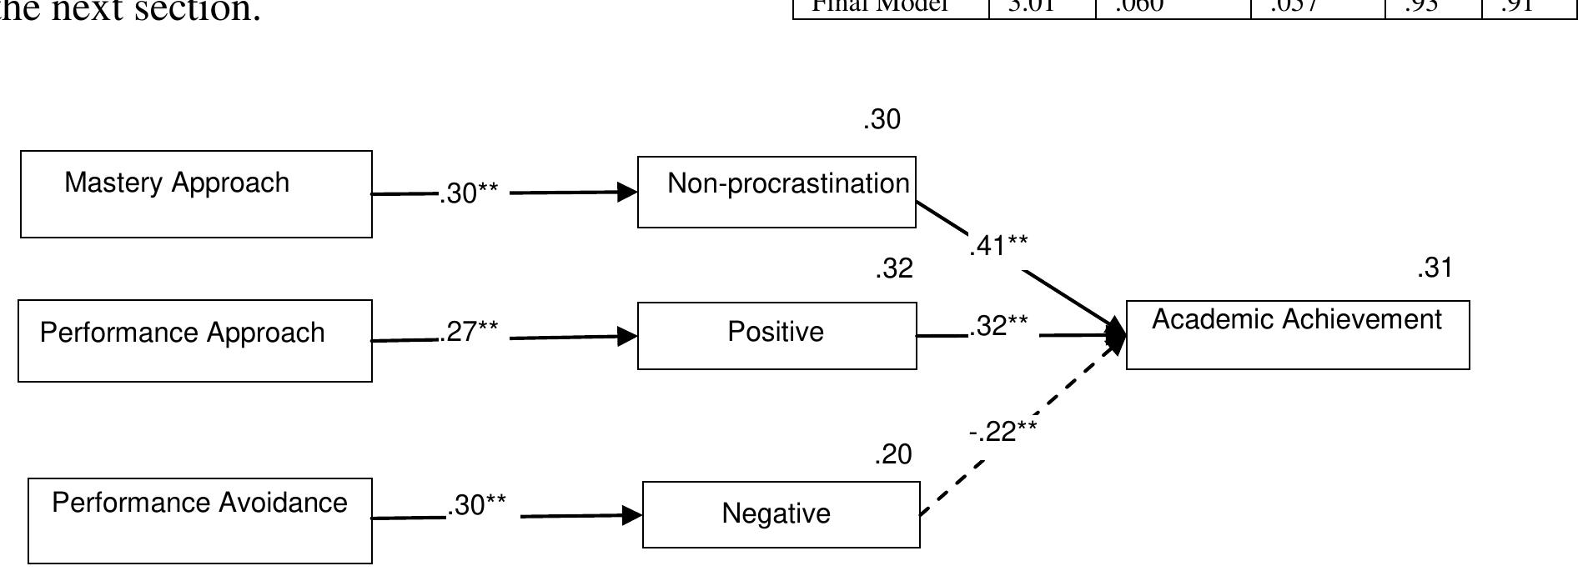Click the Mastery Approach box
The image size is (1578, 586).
click(x=196, y=194)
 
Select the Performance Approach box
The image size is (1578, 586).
click(x=195, y=341)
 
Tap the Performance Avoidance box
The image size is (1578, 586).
click(x=200, y=521)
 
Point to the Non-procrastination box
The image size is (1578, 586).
click(x=776, y=192)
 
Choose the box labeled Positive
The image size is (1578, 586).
click(x=776, y=336)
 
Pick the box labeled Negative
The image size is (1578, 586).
click(x=781, y=514)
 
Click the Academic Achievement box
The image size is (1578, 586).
click(x=1298, y=335)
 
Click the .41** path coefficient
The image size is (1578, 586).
click(x=998, y=246)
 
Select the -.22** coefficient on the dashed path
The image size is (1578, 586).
click(x=1003, y=432)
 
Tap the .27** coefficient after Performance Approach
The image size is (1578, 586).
click(x=469, y=332)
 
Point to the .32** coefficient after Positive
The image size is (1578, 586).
click(x=999, y=326)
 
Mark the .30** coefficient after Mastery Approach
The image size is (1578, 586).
click(x=469, y=193)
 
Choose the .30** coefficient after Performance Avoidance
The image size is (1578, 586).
click(x=476, y=505)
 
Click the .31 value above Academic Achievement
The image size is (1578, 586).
click(x=1435, y=268)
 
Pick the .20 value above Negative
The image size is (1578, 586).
click(x=893, y=455)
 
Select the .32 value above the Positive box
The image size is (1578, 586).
click(x=894, y=269)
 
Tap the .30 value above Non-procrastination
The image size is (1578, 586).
click(x=882, y=120)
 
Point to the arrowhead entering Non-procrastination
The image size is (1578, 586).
click(x=627, y=193)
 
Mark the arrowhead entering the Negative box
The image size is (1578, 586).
click(x=632, y=516)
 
